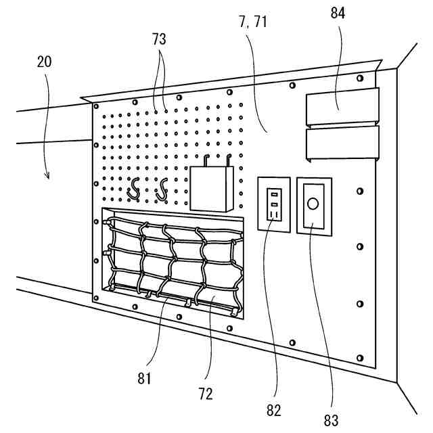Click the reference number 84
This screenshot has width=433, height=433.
[x=338, y=14]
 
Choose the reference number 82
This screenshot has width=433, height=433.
[x=274, y=409]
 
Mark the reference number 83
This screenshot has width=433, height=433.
[x=331, y=419]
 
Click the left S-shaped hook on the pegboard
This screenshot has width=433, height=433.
[x=134, y=189]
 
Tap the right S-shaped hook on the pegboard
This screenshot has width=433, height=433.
[x=161, y=189]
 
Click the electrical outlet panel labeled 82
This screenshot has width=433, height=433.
[x=274, y=205]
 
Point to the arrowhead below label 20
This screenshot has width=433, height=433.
[x=48, y=177]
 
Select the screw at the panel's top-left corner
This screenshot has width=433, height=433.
[x=96, y=106]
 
